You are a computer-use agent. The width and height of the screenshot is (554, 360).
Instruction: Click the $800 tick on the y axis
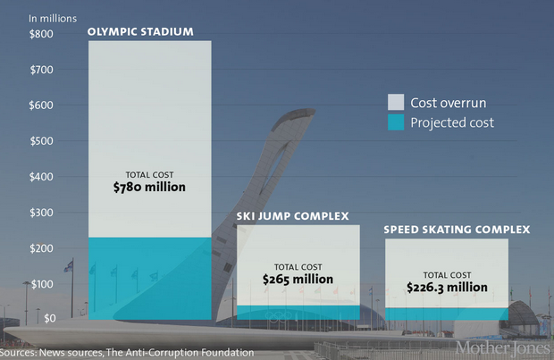(x=41, y=34)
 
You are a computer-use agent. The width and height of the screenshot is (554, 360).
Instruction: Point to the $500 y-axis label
(x=41, y=141)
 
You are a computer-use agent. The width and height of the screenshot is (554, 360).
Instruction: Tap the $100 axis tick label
(x=41, y=284)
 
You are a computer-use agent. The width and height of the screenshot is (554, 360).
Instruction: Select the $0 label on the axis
(x=49, y=317)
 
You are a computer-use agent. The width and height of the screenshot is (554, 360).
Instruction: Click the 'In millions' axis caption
(x=53, y=18)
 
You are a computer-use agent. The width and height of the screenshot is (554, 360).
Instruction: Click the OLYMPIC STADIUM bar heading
(x=140, y=33)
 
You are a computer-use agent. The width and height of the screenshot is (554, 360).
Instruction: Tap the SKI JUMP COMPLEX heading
(x=292, y=216)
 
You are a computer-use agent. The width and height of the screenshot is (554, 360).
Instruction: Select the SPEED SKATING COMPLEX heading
(x=457, y=230)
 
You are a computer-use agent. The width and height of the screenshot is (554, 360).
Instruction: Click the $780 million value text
(x=150, y=188)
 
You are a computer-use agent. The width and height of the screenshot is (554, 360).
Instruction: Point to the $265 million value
(x=298, y=280)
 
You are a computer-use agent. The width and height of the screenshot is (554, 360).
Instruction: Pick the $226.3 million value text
(x=447, y=288)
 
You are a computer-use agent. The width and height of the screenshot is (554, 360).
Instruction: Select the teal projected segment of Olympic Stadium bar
(x=150, y=277)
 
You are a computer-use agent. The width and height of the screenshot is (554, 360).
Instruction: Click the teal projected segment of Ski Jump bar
(x=298, y=313)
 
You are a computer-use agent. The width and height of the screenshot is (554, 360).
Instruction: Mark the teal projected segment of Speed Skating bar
(x=447, y=314)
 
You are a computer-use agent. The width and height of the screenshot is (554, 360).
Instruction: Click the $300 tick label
(x=41, y=213)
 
